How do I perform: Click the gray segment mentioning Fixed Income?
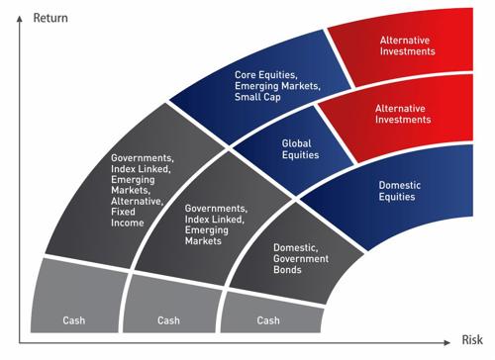pyautogui.click(x=139, y=189)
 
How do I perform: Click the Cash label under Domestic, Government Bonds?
pyautogui.click(x=268, y=319)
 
